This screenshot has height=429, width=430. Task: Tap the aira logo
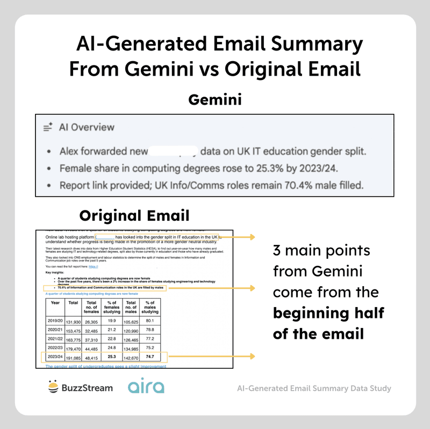(x=146, y=387)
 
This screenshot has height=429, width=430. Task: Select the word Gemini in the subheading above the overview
(x=215, y=100)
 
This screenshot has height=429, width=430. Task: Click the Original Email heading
(x=134, y=216)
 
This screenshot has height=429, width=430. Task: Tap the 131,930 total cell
(x=73, y=322)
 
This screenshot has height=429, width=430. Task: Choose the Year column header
(x=55, y=302)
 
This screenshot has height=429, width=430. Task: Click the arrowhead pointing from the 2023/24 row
(x=253, y=355)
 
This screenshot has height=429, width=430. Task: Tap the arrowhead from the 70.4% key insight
(x=253, y=288)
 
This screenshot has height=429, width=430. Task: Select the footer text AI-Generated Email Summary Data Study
(x=313, y=388)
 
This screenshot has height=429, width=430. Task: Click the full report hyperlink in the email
(x=94, y=266)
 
